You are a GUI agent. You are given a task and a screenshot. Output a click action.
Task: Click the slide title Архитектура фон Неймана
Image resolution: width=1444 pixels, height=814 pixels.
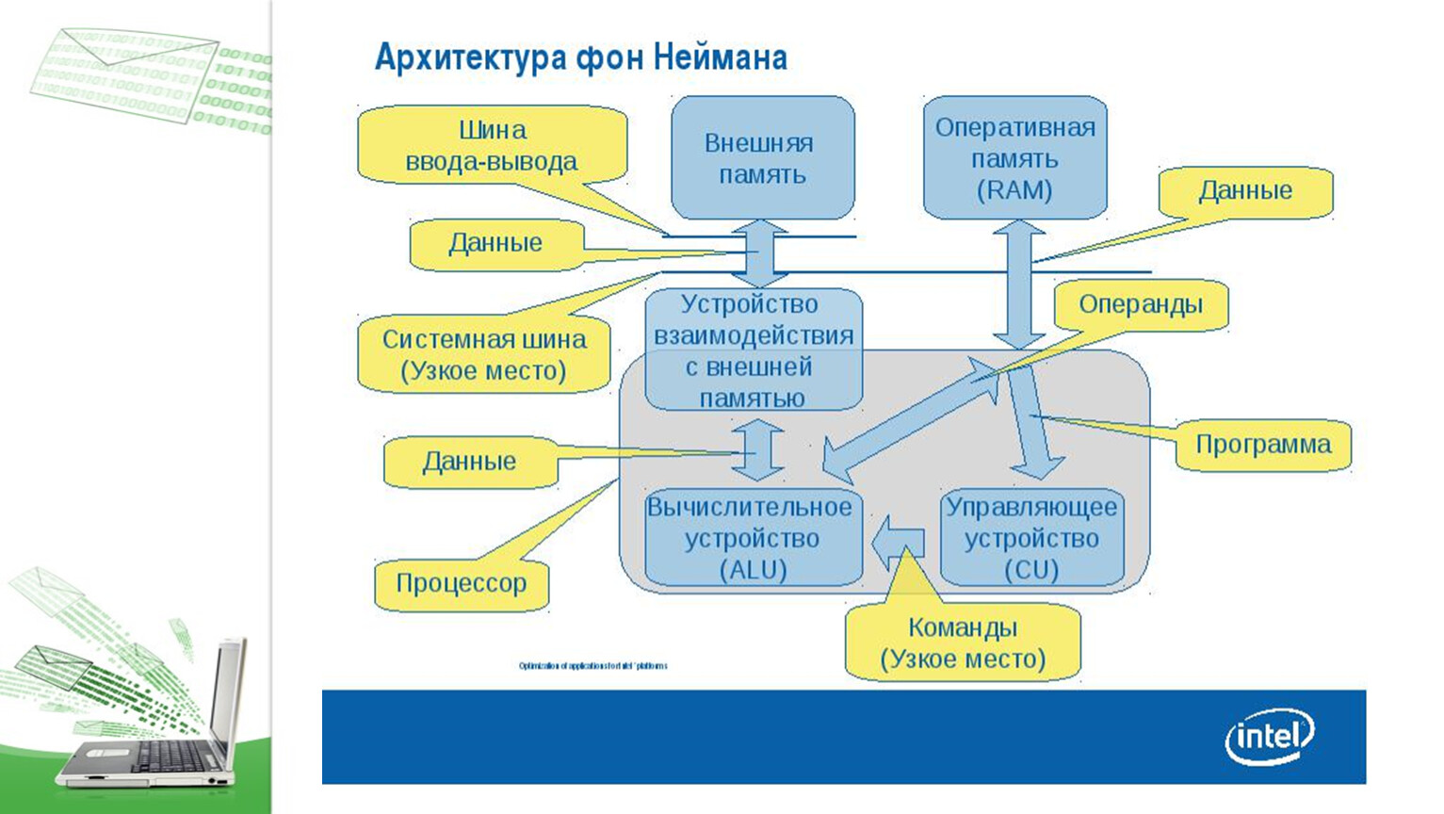[580, 57]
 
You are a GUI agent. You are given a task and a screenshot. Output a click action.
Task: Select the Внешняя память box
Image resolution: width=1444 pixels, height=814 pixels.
[762, 157]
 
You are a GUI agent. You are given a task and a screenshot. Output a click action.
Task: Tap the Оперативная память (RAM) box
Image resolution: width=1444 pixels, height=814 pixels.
[1014, 157]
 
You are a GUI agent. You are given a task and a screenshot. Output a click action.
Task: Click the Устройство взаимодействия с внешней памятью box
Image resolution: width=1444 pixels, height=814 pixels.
[753, 350]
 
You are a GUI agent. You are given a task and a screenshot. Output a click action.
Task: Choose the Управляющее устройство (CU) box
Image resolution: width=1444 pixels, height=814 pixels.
[1031, 538]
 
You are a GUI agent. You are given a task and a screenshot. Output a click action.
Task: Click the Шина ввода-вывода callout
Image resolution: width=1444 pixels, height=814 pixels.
[491, 145]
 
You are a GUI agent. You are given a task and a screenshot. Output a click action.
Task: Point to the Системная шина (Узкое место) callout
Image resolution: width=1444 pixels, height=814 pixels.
[484, 354]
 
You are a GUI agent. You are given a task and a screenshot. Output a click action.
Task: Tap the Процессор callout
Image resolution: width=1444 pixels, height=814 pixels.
[461, 583]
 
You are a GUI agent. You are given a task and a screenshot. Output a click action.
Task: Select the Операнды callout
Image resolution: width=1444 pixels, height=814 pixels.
[1140, 304]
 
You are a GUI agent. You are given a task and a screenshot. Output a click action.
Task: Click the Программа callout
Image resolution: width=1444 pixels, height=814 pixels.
[1262, 444]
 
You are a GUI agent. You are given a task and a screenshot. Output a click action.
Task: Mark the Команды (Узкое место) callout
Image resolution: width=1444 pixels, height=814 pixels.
[962, 643]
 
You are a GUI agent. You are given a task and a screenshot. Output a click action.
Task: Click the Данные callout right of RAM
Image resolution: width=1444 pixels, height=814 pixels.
[1244, 191]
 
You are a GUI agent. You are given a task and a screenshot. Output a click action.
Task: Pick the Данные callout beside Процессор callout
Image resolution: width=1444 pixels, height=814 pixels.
[469, 461]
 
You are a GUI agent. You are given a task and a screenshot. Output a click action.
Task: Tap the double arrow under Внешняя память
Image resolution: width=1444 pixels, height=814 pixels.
[760, 253]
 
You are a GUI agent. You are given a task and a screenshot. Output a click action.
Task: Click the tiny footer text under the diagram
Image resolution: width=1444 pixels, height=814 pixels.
[592, 666]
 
